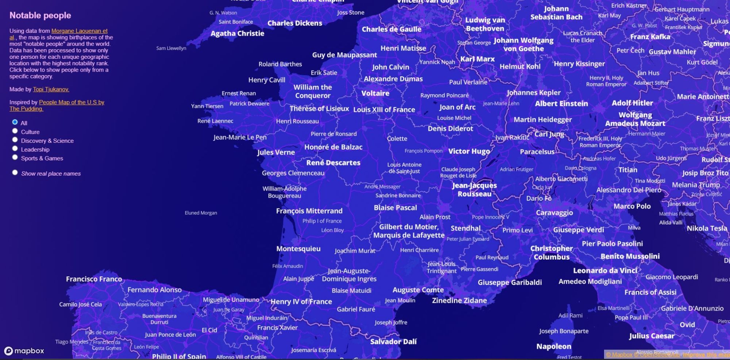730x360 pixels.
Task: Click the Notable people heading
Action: [40, 15]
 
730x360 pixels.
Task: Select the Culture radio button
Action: [15, 131]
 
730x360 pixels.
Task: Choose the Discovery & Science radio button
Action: [15, 140]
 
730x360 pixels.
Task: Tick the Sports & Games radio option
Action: [15, 157]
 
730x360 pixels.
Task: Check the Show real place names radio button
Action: [15, 173]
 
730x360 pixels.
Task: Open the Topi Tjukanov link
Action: [51, 89]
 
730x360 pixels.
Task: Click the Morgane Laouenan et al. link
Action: [79, 31]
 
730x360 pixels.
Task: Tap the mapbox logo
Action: [24, 351]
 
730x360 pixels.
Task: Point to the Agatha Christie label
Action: [237, 34]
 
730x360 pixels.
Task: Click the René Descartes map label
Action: [333, 163]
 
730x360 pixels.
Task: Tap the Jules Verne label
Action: [276, 152]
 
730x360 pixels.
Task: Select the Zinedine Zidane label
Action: [459, 300]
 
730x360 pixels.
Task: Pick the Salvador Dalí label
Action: [393, 342]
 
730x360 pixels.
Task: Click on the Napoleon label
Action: [554, 346]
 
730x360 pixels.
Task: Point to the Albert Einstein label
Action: [561, 104]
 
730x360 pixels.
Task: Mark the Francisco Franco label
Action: [94, 279]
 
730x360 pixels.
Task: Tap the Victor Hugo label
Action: [469, 151]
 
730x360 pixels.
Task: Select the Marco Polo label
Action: [632, 206]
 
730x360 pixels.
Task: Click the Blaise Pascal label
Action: [395, 208]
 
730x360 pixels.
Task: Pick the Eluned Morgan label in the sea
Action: [201, 213]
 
